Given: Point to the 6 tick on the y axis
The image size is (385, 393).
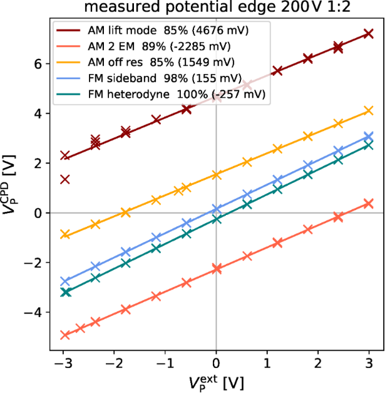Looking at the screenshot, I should point(39,64).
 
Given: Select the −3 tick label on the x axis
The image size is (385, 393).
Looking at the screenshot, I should point(63,364).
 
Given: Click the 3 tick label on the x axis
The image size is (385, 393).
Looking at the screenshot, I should point(369,364).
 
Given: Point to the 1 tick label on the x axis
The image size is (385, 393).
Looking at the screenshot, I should point(267,364).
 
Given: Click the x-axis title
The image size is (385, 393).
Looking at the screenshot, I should point(215,382).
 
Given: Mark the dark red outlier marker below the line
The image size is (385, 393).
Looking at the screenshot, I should point(64,179).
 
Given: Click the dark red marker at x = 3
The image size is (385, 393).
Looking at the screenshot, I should point(369,34).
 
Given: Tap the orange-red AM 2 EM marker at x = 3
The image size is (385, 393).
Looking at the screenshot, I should point(369,204).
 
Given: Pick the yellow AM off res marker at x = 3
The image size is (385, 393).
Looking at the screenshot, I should point(369,111).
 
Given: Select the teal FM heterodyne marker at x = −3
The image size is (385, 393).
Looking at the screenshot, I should point(64,292).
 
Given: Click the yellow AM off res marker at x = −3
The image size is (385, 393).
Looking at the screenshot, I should point(64,234).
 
